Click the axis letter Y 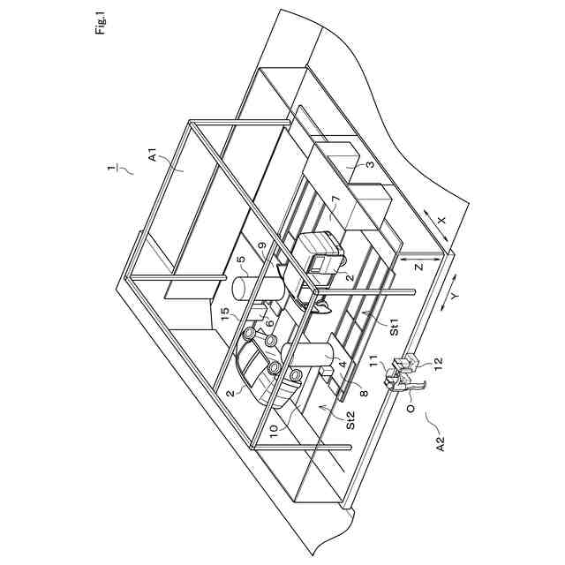450,298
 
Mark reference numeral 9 262,248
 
